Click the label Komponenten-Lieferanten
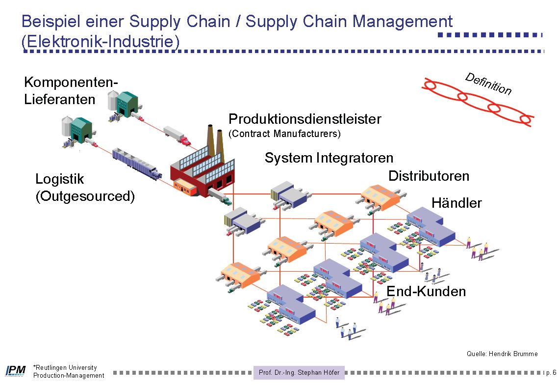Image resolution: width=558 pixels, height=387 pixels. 71,91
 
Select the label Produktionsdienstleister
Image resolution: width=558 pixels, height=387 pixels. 304,119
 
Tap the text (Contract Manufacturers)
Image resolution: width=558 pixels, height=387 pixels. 284,134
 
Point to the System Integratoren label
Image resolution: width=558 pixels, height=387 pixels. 329,158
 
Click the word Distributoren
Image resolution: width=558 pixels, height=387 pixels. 429,176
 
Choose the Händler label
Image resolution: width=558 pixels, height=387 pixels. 456,203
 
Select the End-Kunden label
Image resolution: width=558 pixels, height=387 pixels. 426,291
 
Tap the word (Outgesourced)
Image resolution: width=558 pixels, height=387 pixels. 85,196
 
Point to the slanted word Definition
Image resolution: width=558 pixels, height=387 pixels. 488,83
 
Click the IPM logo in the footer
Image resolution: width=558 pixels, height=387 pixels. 15,371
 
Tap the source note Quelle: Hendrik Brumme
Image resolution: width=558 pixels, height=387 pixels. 502,354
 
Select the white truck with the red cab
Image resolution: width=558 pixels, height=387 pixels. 177,135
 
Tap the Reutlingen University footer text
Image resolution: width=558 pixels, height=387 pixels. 65,367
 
